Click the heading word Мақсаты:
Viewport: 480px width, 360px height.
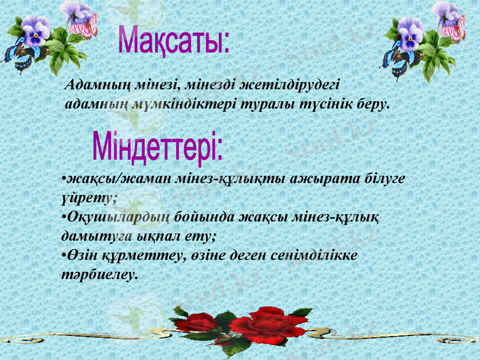coord(173,40)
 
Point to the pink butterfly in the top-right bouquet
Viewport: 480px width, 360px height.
coord(454,28)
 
